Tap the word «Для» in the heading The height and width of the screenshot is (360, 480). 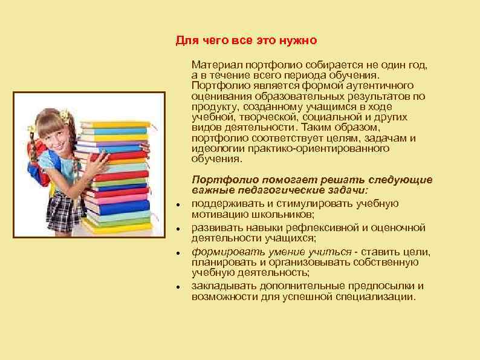pyautogui.click(x=186, y=41)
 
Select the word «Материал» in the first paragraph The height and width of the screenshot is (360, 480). pyautogui.click(x=216, y=64)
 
